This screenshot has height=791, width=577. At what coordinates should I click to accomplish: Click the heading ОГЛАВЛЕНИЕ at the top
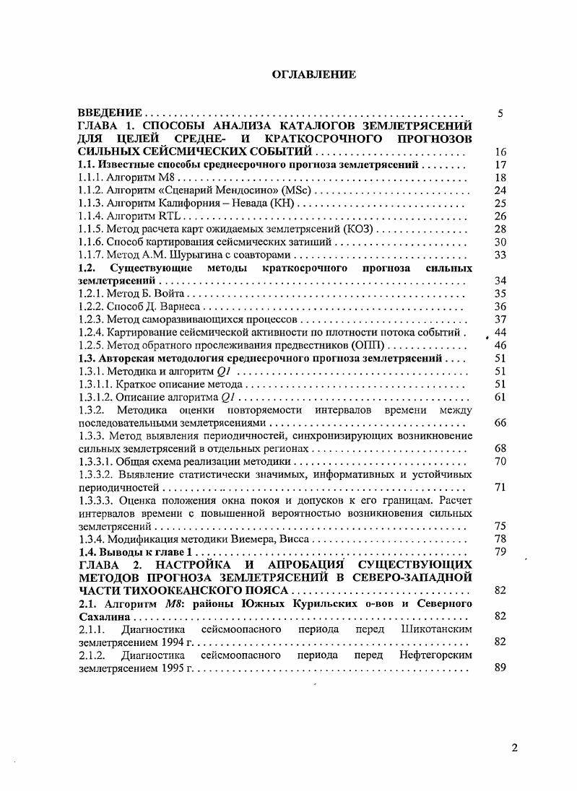tap(313, 74)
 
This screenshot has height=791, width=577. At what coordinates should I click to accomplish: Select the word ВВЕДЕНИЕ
tap(109, 113)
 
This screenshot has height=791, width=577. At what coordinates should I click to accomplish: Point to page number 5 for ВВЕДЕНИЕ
tap(500, 113)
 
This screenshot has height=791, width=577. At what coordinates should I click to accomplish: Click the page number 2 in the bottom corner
tap(514, 748)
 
